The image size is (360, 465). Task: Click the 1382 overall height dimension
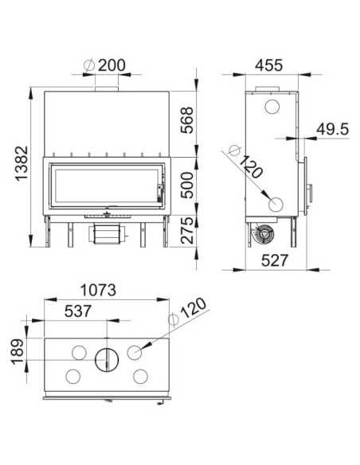[22, 163]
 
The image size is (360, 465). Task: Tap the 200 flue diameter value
[112, 65]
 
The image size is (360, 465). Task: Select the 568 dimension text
[187, 120]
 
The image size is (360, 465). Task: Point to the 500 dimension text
[187, 185]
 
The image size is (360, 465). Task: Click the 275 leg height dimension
[187, 230]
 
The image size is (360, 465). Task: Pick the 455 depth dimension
[269, 65]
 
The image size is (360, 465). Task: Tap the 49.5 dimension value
[332, 129]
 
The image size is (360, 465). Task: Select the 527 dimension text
[275, 260]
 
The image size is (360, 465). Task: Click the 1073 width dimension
[98, 290]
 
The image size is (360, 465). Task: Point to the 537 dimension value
[78, 311]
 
